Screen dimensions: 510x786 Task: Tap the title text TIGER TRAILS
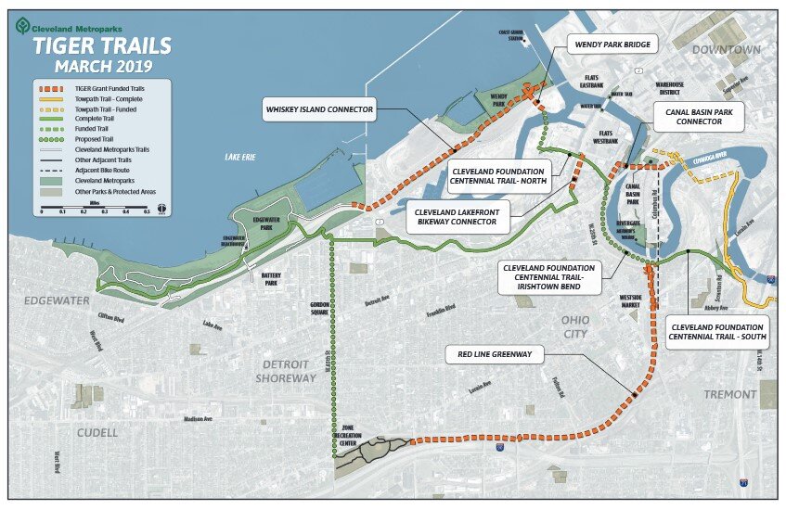102,46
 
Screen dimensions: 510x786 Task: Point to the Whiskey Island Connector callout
319,109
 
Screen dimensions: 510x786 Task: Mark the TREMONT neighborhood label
729,394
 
